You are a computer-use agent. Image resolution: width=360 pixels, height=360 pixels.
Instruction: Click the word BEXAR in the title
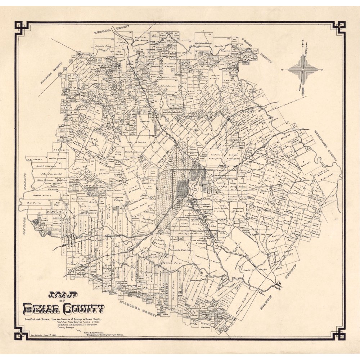42,309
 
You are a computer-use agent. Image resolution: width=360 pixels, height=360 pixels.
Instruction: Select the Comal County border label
258,50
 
